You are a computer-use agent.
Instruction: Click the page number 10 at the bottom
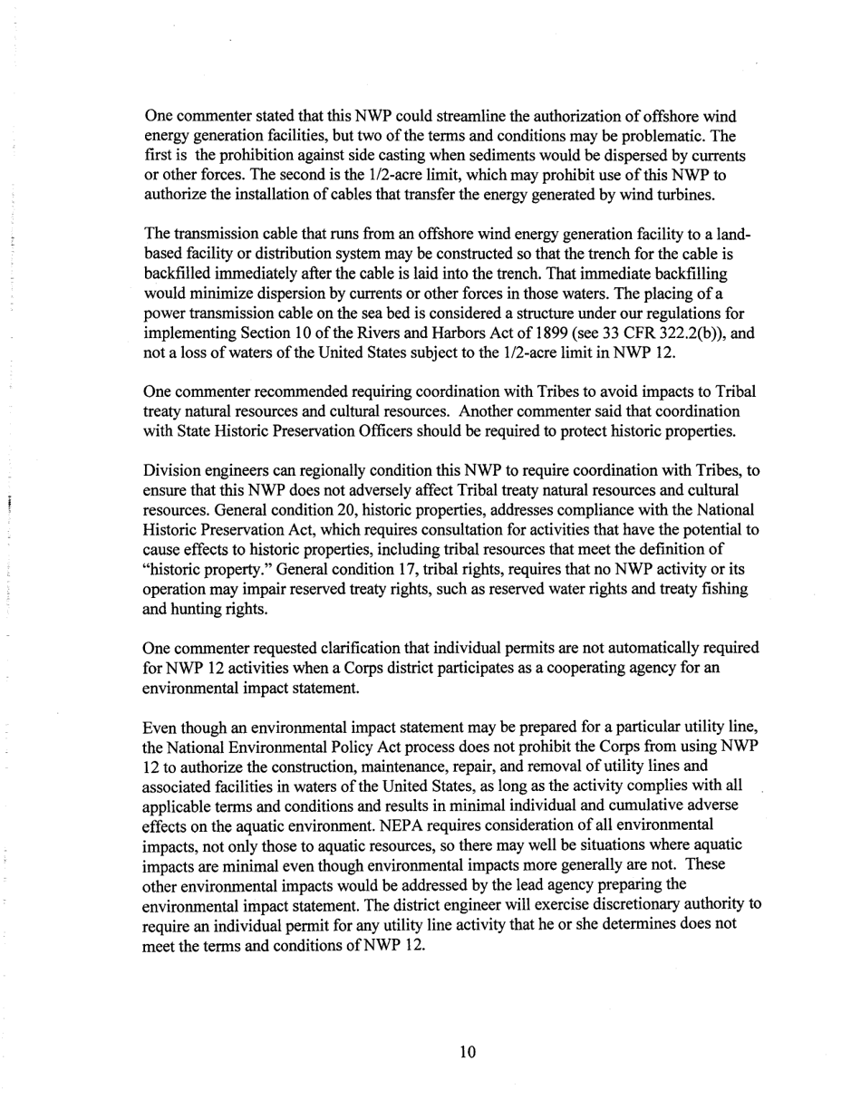click(468, 1052)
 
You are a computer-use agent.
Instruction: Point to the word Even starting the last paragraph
click(161, 728)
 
